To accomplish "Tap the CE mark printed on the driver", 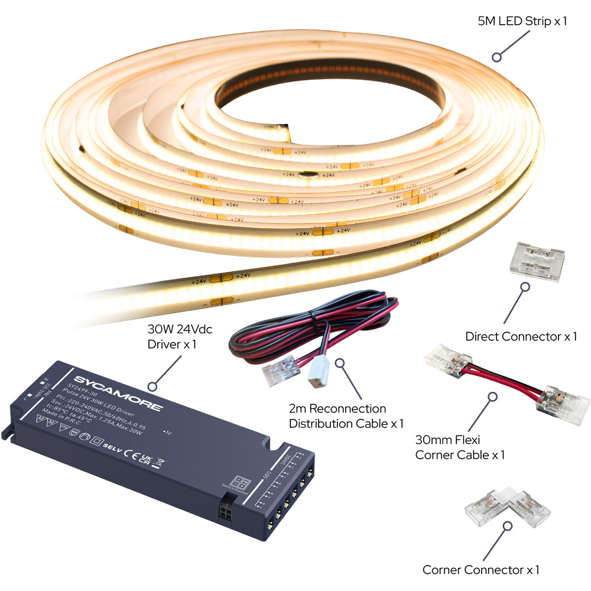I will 134,452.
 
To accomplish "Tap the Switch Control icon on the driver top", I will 241,482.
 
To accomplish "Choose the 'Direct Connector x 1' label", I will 521,337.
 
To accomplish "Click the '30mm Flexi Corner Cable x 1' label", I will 460,447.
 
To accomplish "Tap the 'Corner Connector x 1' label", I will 480,570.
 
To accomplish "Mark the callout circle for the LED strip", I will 497,57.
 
